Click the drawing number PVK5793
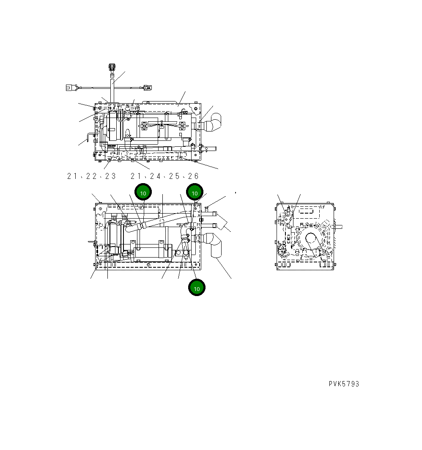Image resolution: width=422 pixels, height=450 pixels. (344, 384)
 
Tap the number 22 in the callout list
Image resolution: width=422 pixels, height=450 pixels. (94, 176)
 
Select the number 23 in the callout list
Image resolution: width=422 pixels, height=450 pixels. (110, 176)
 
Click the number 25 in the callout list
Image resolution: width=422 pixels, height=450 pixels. (174, 176)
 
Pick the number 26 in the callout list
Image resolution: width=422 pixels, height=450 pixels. (192, 176)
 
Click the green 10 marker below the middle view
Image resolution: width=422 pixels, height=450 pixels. (197, 288)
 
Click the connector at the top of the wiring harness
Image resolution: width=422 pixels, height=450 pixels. (112, 67)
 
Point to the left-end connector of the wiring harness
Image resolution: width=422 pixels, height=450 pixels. (70, 88)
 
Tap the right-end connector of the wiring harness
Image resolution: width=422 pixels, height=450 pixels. (147, 88)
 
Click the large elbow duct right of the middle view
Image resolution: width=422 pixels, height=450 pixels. (216, 245)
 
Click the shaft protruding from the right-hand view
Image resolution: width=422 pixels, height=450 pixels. (338, 227)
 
